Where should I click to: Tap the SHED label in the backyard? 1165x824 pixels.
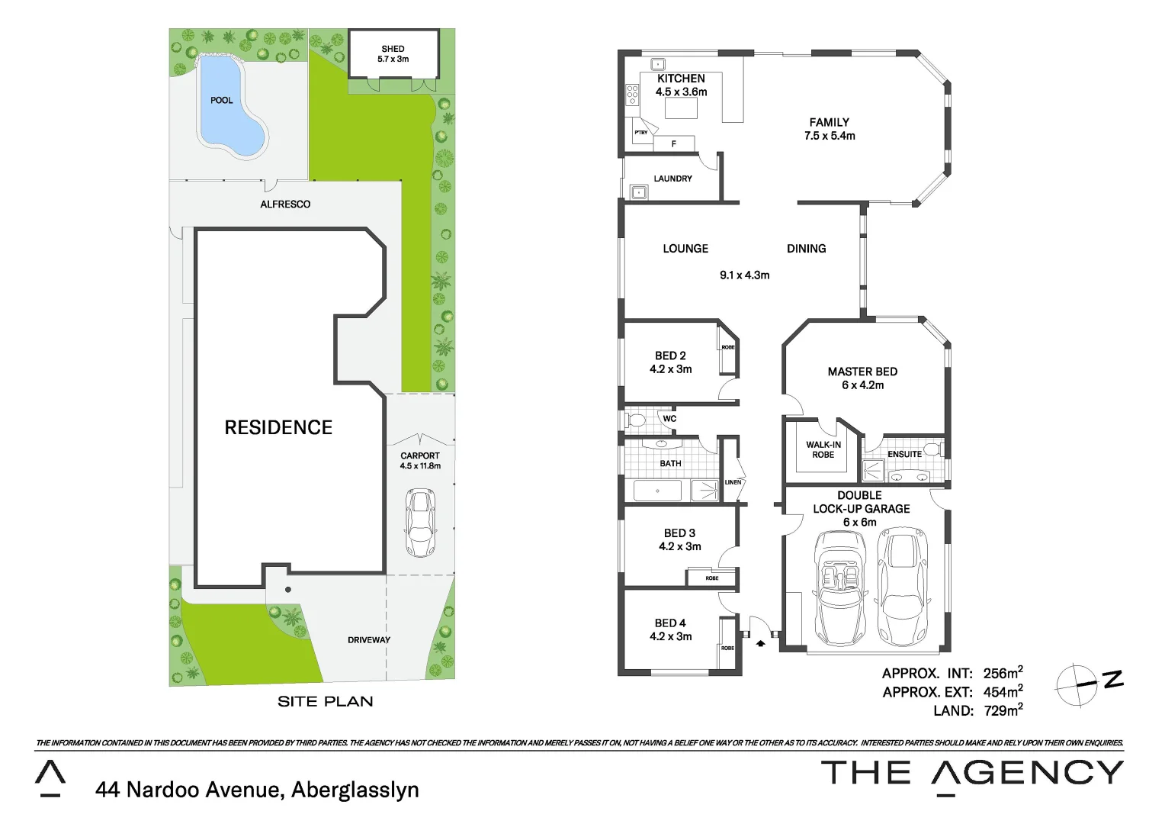[393, 49]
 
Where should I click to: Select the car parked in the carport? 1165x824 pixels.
[419, 523]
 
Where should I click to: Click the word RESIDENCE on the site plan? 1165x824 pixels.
[278, 427]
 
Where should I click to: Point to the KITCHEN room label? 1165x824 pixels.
[681, 79]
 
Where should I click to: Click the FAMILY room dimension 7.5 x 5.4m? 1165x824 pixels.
[830, 136]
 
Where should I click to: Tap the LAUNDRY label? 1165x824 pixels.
[672, 179]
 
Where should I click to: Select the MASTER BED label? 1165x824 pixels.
[862, 372]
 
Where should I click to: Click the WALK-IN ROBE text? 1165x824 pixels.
[823, 449]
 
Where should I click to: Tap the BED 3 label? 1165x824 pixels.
[679, 533]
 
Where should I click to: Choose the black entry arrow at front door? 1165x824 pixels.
[760, 643]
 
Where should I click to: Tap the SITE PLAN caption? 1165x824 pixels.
[325, 701]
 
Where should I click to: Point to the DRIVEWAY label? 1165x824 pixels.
[369, 640]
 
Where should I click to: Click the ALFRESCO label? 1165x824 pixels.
[285, 204]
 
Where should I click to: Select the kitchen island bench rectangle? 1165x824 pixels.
[681, 109]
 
